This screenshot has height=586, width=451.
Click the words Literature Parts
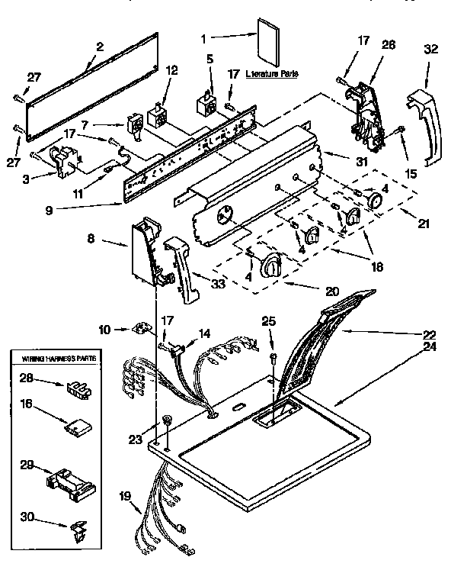tap(273, 75)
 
